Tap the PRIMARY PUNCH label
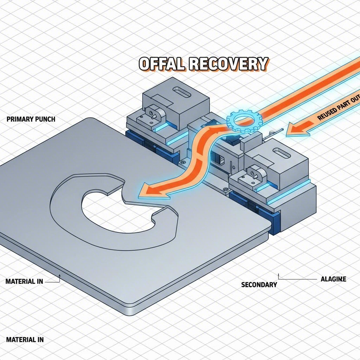[31, 119]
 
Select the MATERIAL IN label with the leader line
[24, 281]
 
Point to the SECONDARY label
[259, 284]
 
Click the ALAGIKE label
[334, 279]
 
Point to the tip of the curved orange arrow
[141, 192]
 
